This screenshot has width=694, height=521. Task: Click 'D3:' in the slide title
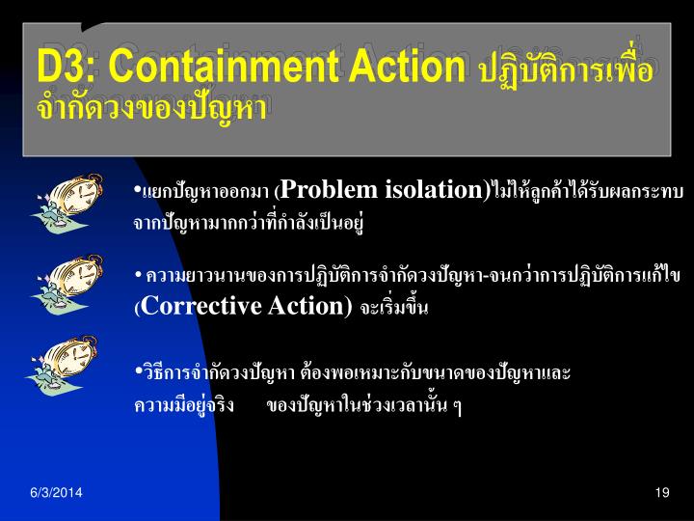tap(67, 67)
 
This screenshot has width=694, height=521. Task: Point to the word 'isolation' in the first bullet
tap(434, 190)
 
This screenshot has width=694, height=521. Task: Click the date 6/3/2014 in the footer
tap(55, 493)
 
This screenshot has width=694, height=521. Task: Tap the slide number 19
tap(661, 493)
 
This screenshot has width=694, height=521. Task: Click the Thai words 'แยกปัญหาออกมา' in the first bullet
tap(206, 191)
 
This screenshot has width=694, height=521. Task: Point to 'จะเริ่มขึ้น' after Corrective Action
tap(393, 309)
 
